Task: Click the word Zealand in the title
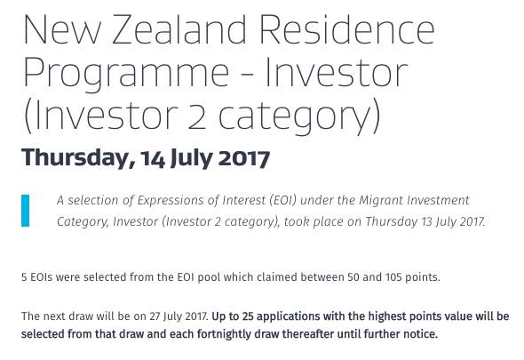179,29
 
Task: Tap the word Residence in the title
347,28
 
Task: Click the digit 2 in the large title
196,116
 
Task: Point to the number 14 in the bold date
153,158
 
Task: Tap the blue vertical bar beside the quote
25,211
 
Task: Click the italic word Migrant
381,200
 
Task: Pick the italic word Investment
438,200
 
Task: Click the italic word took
296,221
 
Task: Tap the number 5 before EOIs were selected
24,277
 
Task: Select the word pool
209,277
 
